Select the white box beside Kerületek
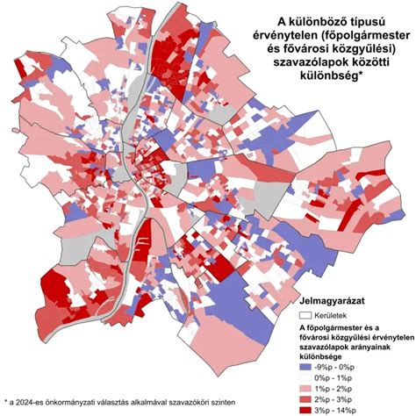click(306, 314)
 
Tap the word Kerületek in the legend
click(334, 314)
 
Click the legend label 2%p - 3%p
click(345, 397)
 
